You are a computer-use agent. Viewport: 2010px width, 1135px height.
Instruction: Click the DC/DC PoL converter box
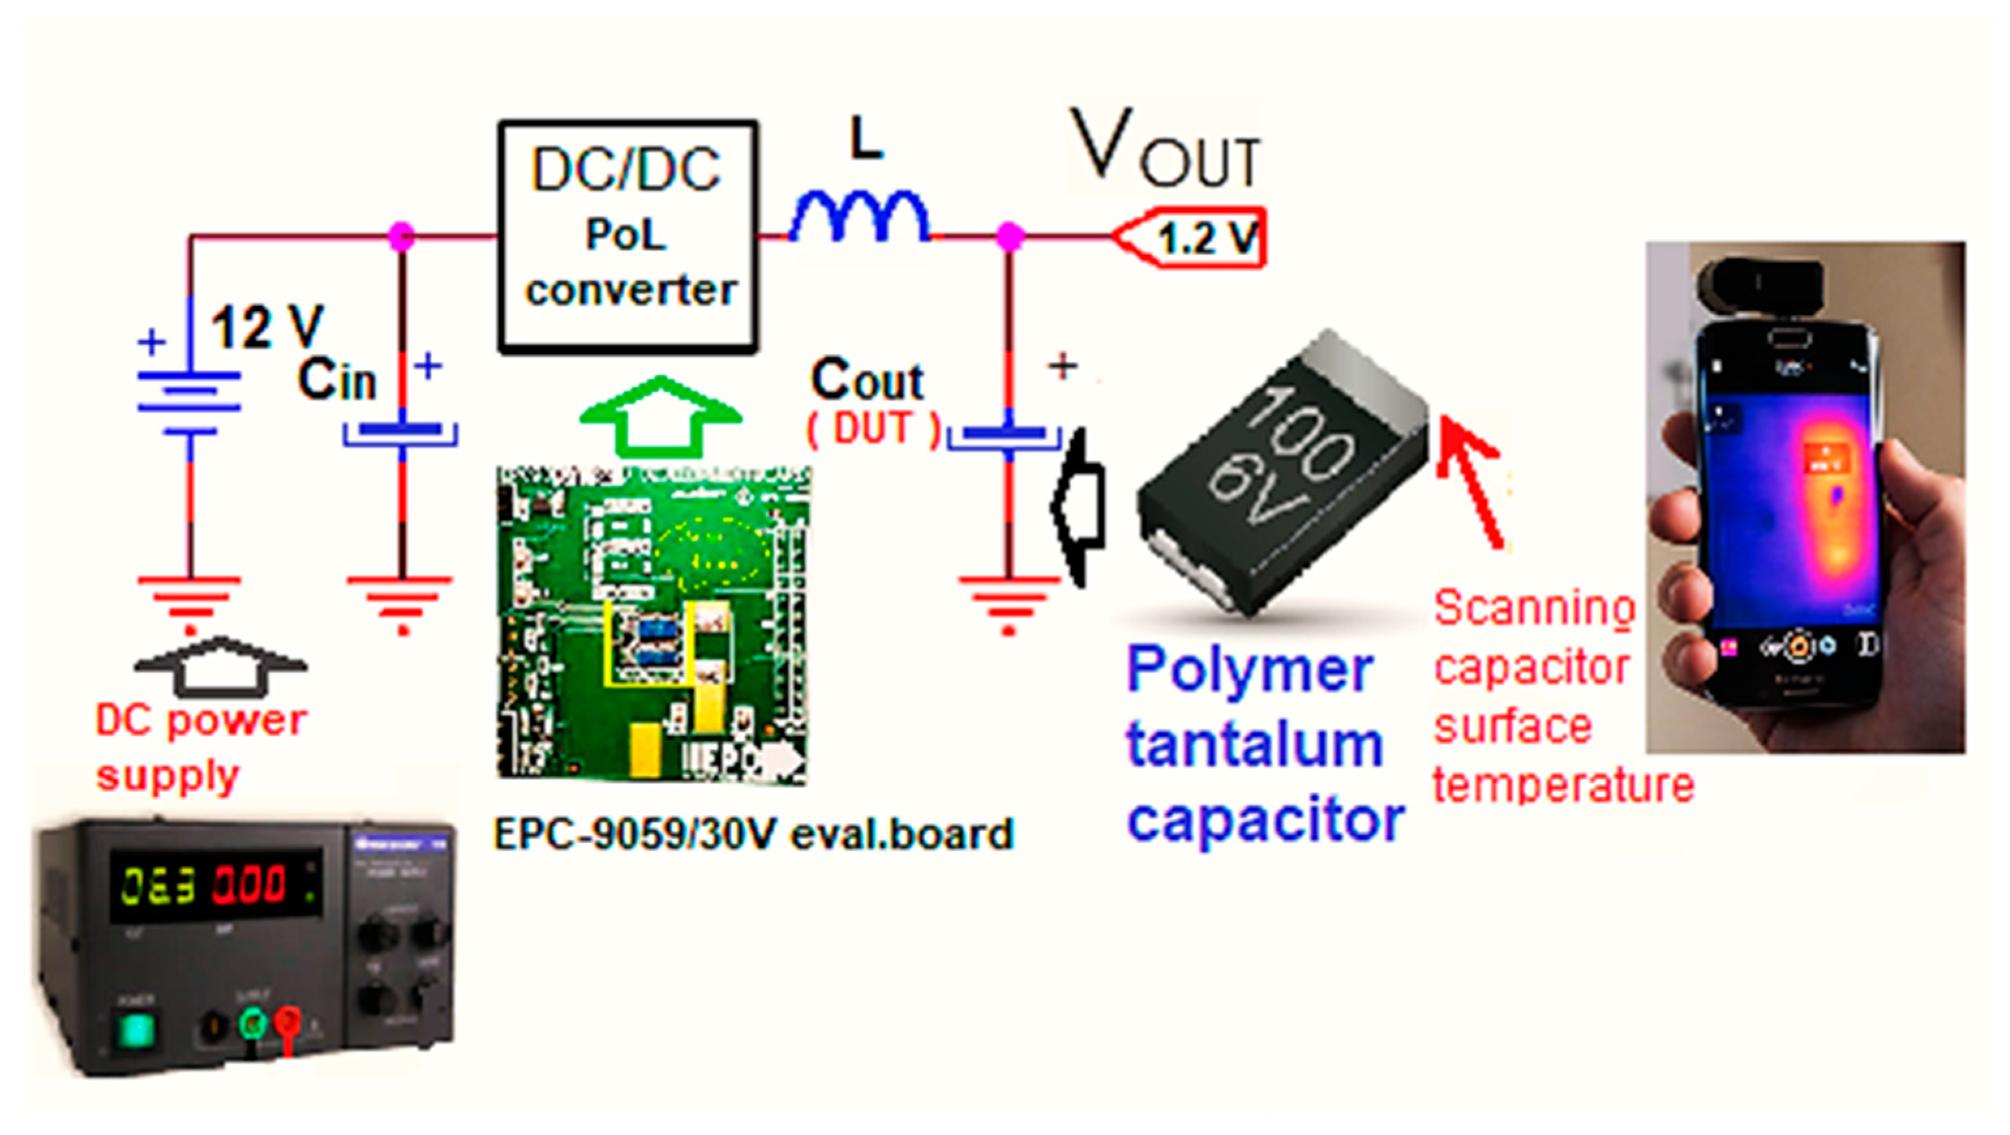tap(628, 235)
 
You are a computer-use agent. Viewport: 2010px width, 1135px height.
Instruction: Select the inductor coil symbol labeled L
tap(860, 217)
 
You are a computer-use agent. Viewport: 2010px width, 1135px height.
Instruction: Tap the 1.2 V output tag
tap(1194, 238)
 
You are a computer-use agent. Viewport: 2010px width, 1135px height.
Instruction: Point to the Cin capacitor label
tap(337, 380)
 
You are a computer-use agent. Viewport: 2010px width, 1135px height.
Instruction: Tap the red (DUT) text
tap(872, 429)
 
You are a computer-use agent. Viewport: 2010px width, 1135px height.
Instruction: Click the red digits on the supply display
tap(250, 886)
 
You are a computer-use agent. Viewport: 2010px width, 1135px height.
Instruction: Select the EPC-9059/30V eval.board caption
tap(753, 834)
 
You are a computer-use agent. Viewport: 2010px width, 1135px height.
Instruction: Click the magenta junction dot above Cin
tap(401, 234)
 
